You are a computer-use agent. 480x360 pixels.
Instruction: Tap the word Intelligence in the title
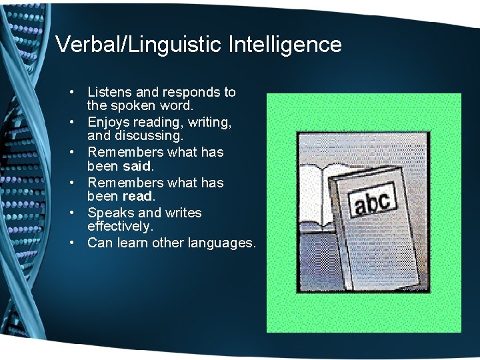pos(285,45)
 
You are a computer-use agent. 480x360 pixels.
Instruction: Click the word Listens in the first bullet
pos(110,92)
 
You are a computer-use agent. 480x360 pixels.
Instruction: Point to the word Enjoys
pos(108,123)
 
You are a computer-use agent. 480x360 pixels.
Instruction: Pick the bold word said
pos(138,165)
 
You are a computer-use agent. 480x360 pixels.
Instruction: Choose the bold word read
pos(139,196)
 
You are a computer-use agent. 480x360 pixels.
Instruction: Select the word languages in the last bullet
pos(223,243)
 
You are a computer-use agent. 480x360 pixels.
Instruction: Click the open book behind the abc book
pos(319,193)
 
